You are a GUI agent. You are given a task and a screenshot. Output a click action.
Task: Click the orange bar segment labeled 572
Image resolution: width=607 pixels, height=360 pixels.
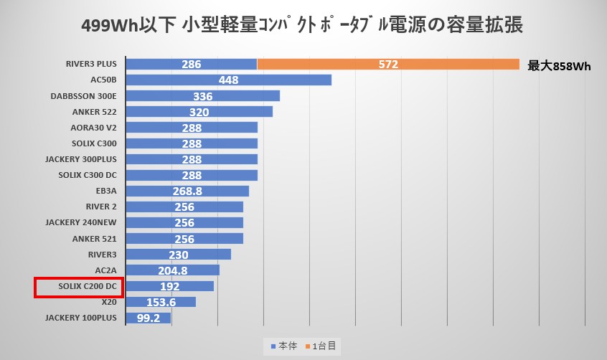(x=388, y=65)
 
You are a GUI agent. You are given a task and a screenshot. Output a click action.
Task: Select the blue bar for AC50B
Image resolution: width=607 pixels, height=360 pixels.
(x=228, y=80)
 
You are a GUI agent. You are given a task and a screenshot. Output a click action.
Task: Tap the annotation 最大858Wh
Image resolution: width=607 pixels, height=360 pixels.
(x=559, y=66)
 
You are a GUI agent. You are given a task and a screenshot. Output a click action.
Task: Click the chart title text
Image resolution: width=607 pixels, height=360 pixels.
(x=303, y=27)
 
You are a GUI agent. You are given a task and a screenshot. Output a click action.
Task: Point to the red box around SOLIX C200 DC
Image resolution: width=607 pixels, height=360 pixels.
(x=79, y=287)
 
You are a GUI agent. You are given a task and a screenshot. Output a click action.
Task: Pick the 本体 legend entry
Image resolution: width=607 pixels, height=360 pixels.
(x=286, y=346)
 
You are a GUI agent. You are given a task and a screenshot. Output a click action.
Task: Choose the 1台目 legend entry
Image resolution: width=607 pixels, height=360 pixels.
(x=324, y=346)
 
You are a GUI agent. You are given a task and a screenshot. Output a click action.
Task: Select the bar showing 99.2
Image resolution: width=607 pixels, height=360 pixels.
(x=148, y=317)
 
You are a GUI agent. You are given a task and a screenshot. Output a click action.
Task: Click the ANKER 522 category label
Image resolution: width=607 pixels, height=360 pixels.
(x=94, y=112)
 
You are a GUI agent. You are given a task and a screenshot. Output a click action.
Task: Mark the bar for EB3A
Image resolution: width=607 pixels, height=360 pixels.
(x=187, y=191)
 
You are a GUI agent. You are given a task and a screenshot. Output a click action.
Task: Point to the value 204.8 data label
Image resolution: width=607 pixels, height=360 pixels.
(x=172, y=270)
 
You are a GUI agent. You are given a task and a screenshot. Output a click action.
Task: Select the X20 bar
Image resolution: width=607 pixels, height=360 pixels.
(x=160, y=302)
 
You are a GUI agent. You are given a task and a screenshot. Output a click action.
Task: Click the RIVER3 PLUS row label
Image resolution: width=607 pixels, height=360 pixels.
(x=90, y=65)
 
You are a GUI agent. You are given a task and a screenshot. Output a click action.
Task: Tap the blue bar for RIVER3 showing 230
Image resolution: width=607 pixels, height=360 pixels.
(x=178, y=255)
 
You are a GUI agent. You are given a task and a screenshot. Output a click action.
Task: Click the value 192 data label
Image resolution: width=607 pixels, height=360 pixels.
(x=169, y=286)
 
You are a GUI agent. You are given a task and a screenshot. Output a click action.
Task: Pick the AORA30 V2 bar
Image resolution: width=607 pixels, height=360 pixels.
(x=191, y=128)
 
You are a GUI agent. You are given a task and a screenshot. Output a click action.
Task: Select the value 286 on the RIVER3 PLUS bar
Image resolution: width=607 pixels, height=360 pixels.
(x=191, y=65)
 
